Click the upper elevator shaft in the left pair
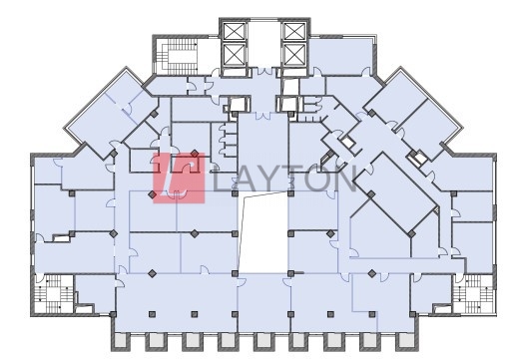pos(235,32)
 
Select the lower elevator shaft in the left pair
pos(235,54)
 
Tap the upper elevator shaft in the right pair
pos(294,32)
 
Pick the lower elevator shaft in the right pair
pos(294,54)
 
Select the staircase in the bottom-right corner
pos(474,294)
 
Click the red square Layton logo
pos(179,179)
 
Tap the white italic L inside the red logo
pos(177,179)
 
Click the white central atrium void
pos(263,232)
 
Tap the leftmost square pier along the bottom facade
pos(120,341)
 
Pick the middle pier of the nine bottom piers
pos(262,341)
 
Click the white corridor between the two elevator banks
pos(265,44)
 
